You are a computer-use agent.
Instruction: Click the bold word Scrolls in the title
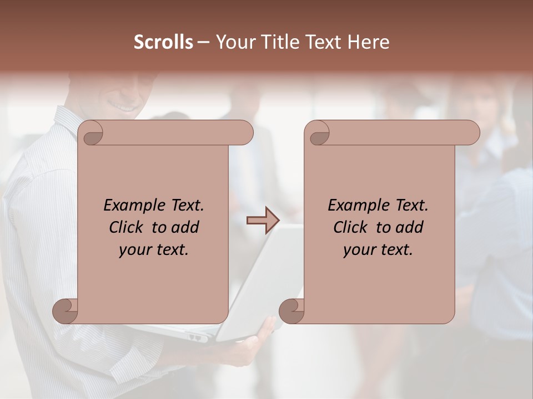click(163, 42)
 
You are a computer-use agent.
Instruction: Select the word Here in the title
click(369, 42)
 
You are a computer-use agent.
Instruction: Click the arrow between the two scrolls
click(263, 221)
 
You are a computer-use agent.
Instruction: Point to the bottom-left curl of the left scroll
click(66, 311)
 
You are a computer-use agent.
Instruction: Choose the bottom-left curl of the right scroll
click(292, 311)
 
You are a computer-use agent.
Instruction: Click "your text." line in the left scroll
click(154, 249)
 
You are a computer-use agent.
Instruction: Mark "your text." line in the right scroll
click(378, 249)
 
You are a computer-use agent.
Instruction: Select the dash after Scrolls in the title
click(203, 43)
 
